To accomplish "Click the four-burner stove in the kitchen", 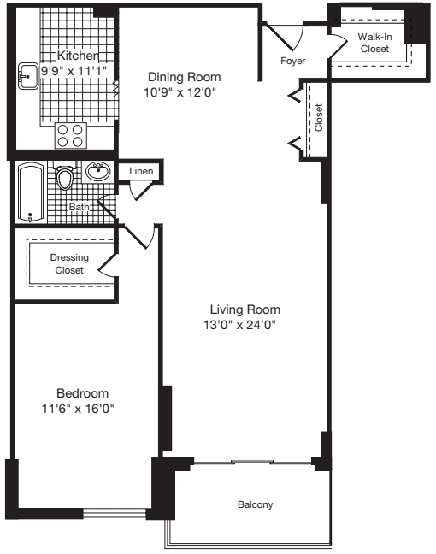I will [70, 136].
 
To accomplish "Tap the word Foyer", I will [292, 62].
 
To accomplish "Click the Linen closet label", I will [140, 172].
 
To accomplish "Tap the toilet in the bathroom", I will [64, 177].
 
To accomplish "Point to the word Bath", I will [80, 207].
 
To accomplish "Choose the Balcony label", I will [255, 505].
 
